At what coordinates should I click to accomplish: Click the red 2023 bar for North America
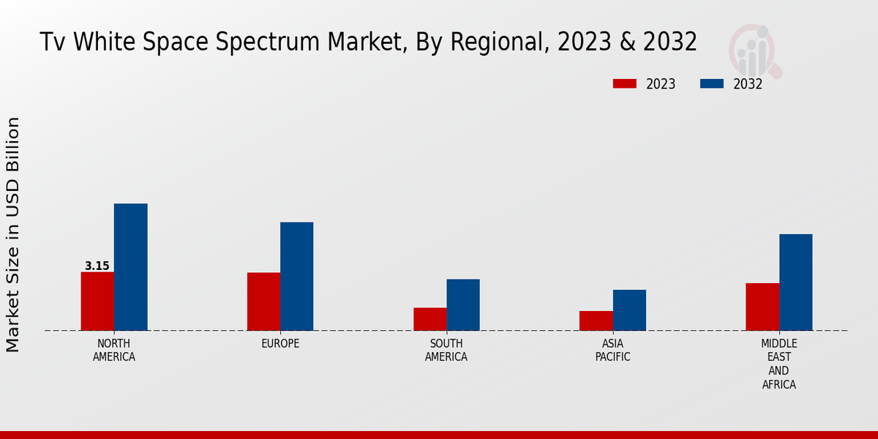coord(97,301)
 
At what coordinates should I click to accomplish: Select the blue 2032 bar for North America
coord(130,267)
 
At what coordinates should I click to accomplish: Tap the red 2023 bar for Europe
coord(263,301)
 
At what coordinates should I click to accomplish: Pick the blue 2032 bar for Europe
coord(296,276)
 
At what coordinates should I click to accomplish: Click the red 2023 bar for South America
coord(429,319)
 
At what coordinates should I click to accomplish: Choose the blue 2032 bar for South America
coord(463,304)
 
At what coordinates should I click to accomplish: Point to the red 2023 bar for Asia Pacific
coord(596,320)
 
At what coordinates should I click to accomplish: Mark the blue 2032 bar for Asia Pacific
coord(629,310)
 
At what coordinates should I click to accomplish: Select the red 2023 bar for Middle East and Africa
coord(762,307)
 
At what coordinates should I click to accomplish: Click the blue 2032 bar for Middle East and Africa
coord(795,282)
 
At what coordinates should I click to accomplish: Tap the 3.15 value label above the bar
coord(97,266)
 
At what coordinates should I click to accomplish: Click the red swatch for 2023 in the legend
coord(625,84)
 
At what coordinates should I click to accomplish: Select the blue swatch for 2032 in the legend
coord(712,84)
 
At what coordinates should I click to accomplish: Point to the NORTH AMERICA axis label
coord(114,350)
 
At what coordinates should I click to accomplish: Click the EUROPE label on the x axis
coord(280,344)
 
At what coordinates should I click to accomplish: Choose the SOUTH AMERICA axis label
coord(446,350)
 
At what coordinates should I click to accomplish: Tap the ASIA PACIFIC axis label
coord(612,350)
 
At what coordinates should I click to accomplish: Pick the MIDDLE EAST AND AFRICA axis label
coord(778,364)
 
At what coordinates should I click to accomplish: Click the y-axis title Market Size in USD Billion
coord(13,234)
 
